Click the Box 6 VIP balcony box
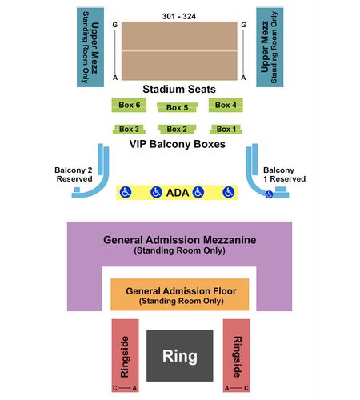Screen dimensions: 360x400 click(x=129, y=105)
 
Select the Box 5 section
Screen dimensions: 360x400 click(x=178, y=107)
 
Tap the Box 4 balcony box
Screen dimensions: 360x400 click(x=226, y=105)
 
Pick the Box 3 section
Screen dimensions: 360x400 click(x=129, y=130)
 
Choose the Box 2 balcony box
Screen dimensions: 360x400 click(x=177, y=130)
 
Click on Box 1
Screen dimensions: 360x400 click(x=226, y=130)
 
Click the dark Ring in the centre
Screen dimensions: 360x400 click(x=180, y=356)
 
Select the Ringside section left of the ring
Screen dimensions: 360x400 click(x=125, y=355)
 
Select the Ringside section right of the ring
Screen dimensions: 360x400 click(x=237, y=355)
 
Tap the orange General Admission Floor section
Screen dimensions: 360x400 click(x=180, y=294)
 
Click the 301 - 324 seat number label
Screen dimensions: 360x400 click(x=179, y=16)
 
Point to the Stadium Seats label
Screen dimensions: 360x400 click(x=179, y=89)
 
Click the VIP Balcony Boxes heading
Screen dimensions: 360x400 click(x=178, y=144)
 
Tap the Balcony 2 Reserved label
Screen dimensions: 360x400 click(x=74, y=174)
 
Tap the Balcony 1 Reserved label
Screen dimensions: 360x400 click(x=284, y=174)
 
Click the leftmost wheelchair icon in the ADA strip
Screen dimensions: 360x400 click(x=126, y=192)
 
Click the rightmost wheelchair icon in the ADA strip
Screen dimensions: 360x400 click(x=229, y=192)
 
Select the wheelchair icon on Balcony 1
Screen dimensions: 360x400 click(x=269, y=194)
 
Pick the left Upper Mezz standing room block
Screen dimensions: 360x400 click(x=90, y=47)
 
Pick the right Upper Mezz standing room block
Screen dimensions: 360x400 click(x=270, y=47)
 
